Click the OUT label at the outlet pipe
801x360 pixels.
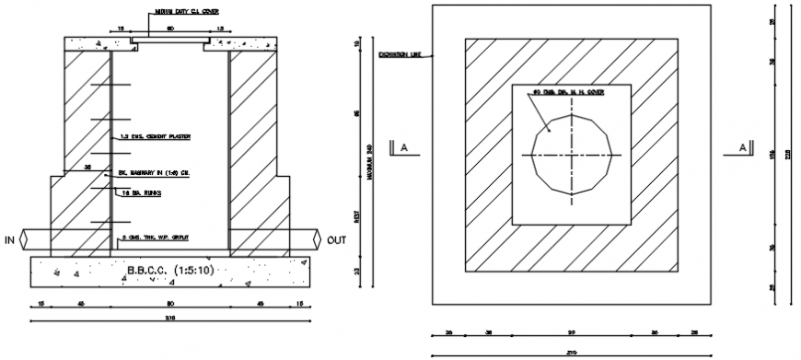[336, 240]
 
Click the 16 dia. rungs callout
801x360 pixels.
[142, 194]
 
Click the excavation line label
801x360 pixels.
[400, 55]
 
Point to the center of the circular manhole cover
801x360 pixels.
[571, 155]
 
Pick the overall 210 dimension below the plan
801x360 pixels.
[571, 351]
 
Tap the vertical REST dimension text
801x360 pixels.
[356, 217]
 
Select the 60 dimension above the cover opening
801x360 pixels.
[169, 29]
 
